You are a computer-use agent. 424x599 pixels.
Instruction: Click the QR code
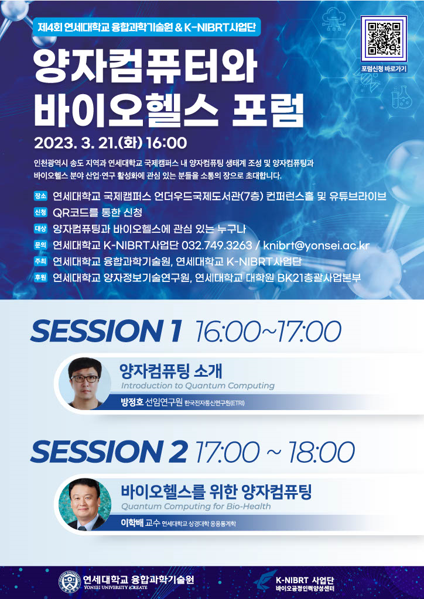pos(384,39)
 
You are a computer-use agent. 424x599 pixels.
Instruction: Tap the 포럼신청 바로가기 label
pos(384,69)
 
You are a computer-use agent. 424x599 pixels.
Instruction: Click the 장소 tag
pos(40,196)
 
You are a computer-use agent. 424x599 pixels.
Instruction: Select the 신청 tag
pos(40,212)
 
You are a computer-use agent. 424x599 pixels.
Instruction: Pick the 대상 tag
pos(40,229)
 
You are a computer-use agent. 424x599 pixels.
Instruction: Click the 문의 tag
pos(40,245)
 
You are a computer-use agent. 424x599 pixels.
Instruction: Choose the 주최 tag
pos(40,261)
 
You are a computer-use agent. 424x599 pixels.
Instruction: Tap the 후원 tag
pos(40,278)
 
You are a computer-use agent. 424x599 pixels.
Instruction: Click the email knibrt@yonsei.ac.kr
pos(316,245)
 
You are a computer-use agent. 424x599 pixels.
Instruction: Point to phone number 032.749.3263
pos(217,245)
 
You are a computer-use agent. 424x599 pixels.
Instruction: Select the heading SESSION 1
pos(106,331)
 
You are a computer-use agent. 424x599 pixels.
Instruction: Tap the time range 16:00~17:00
pos(268,331)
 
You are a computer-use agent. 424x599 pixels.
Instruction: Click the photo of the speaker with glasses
pos(84,383)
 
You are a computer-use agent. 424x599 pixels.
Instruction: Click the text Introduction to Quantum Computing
pos(198,386)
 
